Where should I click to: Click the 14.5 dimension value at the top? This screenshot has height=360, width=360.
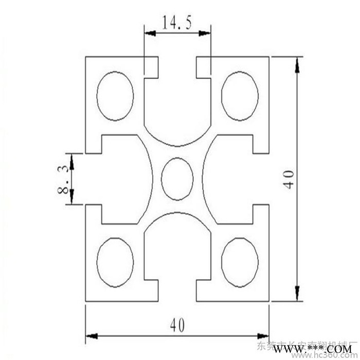(177, 23)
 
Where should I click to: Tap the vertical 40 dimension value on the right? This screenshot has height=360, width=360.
(289, 178)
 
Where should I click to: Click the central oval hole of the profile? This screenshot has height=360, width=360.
(177, 178)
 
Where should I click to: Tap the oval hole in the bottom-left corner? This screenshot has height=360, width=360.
(115, 262)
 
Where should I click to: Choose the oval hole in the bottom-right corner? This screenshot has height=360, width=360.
(240, 262)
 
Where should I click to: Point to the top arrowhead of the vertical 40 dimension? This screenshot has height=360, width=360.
(297, 64)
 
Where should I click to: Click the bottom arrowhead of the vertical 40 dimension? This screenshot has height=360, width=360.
(297, 294)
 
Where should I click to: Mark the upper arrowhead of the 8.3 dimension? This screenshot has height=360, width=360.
(72, 160)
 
